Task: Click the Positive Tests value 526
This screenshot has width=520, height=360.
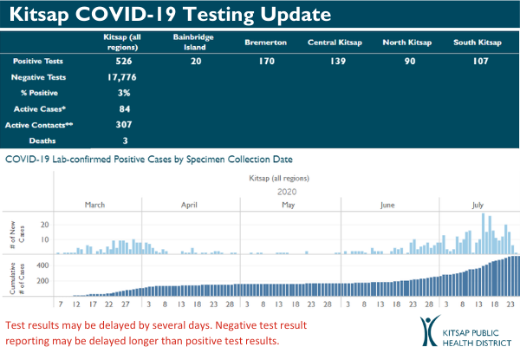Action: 126,62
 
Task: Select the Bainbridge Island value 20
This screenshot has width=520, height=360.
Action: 197,62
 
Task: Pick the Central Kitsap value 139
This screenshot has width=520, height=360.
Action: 334,62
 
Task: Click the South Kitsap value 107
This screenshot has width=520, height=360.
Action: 477,62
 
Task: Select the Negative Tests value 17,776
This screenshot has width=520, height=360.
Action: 126,77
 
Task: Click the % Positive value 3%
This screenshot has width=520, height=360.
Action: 126,93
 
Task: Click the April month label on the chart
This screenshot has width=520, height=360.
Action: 190,205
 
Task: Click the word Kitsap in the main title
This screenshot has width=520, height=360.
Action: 41,15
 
